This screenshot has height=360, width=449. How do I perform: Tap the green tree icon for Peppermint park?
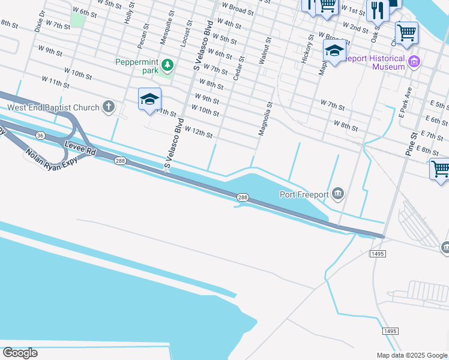(168, 64)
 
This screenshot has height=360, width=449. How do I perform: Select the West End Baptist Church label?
(53, 108)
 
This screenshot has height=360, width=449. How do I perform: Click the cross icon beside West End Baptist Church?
(109, 107)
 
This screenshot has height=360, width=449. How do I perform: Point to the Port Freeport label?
(305, 194)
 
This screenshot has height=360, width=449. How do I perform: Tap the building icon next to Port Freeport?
(338, 193)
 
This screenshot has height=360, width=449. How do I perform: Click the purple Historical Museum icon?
(414, 61)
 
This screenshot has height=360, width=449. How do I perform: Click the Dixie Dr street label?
(40, 21)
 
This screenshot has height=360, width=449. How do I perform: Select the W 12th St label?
(199, 131)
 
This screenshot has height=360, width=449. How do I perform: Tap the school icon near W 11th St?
(149, 100)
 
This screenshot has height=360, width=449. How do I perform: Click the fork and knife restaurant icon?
(377, 10)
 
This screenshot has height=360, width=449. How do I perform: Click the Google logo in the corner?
(20, 353)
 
